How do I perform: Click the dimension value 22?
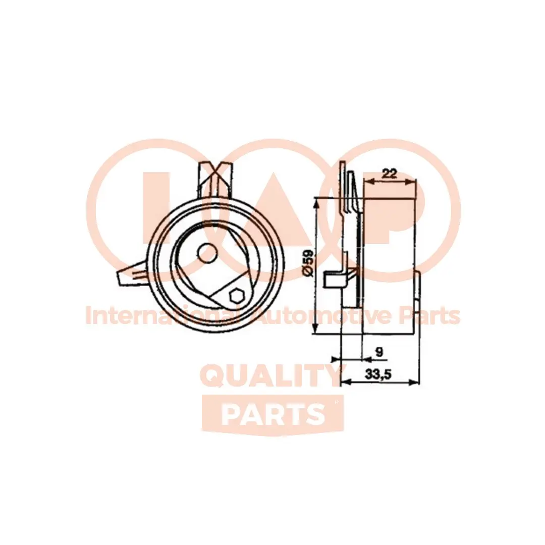389,173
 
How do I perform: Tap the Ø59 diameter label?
308,263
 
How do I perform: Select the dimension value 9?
379,352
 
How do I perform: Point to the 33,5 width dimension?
378,374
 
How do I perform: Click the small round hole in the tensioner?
208,253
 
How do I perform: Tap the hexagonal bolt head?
238,297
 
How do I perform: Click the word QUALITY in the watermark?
270,375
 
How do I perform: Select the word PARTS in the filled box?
272,414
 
